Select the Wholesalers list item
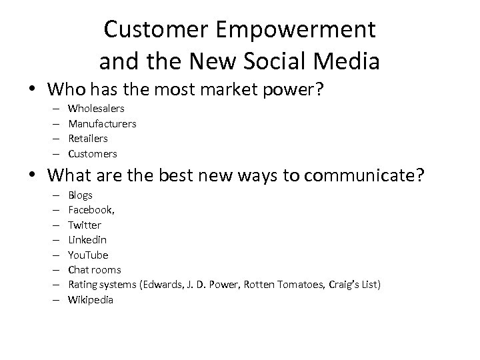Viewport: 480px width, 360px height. coord(96,108)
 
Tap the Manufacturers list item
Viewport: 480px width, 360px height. coord(102,123)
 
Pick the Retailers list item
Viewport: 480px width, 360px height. coord(88,138)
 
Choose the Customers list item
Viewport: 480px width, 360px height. coord(93,153)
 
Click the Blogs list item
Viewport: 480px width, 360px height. coord(80,195)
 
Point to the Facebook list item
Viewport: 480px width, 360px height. coord(91,210)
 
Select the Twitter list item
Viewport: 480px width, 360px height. coord(85,225)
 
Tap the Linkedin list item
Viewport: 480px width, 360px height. coord(87,239)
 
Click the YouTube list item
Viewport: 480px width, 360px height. coord(88,255)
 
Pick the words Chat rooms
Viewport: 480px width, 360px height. coord(95,270)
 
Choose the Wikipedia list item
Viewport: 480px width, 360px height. coord(91,300)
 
